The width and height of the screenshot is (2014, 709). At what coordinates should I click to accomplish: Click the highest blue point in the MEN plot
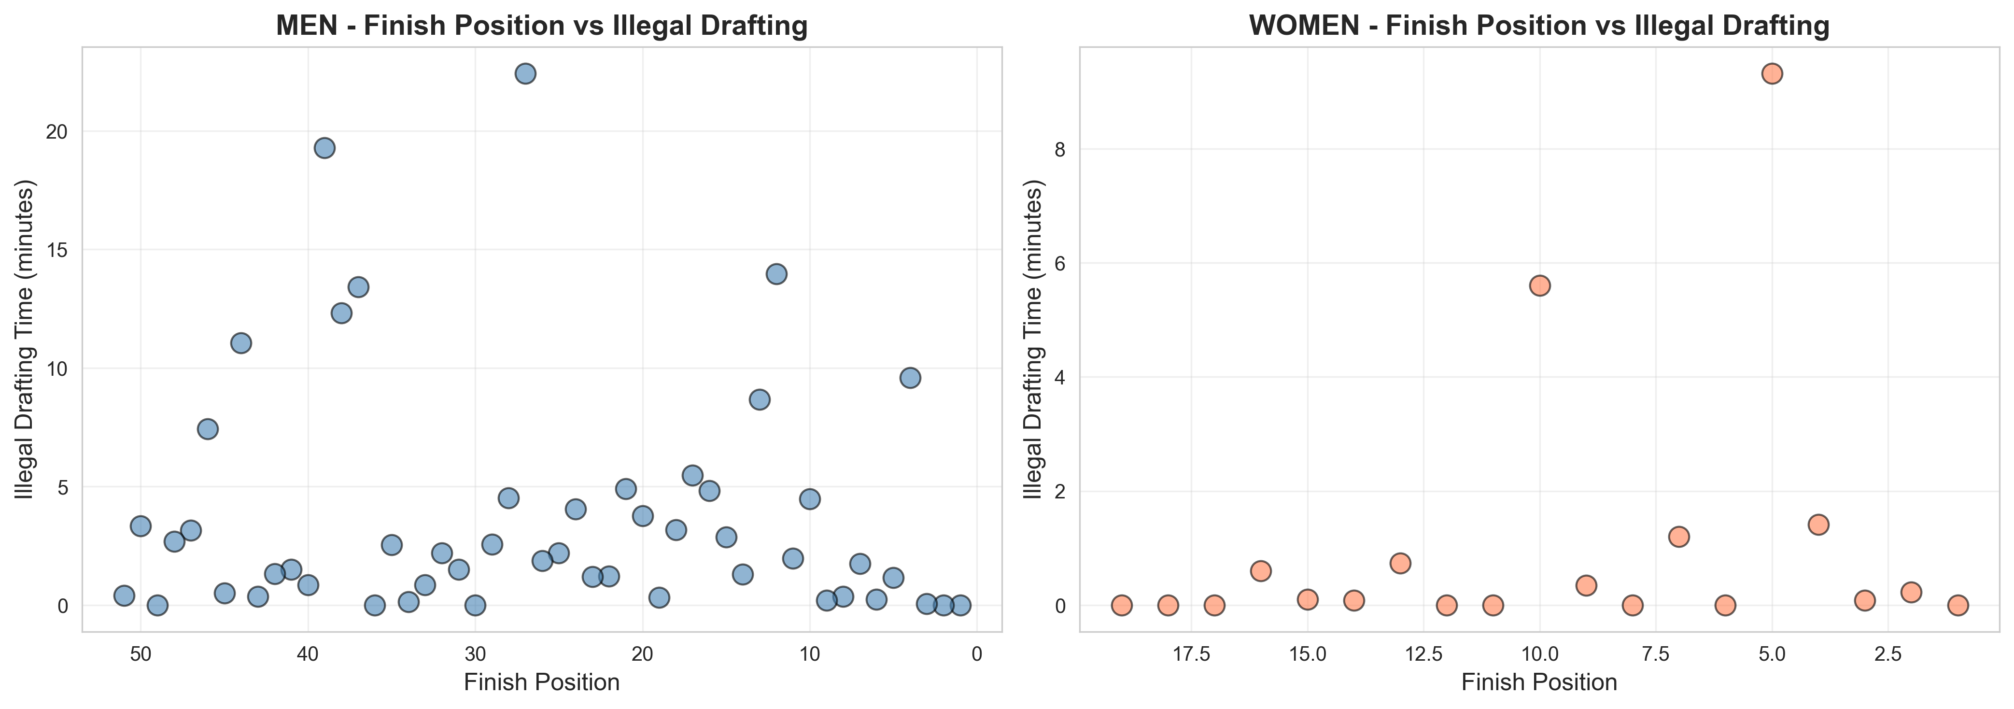525,73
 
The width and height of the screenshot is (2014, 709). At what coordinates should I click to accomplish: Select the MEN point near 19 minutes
324,148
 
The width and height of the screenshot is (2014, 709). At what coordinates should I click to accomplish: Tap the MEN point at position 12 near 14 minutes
776,273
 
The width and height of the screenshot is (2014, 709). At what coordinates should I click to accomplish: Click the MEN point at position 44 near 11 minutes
241,342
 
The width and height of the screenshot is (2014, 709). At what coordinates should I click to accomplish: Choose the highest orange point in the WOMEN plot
1772,73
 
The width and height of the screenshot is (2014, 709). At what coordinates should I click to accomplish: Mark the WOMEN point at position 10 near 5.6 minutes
1539,285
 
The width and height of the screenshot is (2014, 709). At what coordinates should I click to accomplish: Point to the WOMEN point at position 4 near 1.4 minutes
1818,524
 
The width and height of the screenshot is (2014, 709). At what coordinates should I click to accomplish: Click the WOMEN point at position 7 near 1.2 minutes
1678,536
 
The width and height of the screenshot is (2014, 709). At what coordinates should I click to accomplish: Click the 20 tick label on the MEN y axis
56,131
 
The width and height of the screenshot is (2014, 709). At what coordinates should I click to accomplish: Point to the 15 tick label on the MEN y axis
56,250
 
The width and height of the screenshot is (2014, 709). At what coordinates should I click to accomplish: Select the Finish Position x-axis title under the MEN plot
542,682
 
